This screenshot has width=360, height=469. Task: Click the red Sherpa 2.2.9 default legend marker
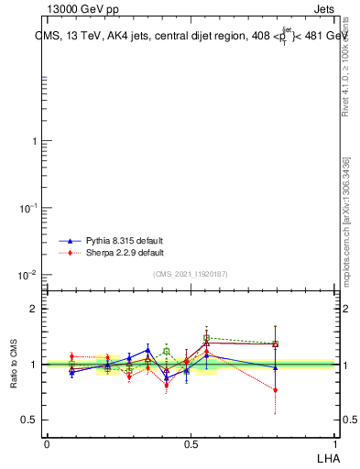(x=70, y=253)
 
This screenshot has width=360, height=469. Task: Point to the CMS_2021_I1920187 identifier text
(x=191, y=274)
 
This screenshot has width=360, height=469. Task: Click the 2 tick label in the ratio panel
(x=34, y=309)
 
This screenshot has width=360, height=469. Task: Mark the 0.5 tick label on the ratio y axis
(x=29, y=420)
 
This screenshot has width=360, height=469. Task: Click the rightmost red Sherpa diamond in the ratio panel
(x=275, y=390)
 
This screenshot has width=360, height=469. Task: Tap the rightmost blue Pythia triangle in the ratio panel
(x=275, y=367)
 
